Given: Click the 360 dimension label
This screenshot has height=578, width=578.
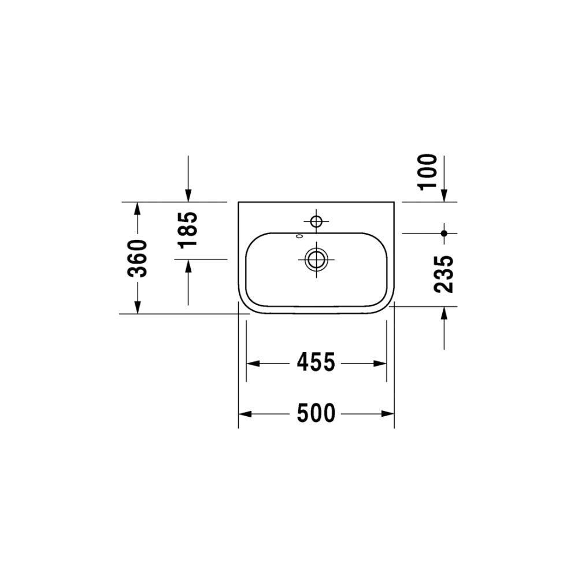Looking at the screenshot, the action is tap(137, 258).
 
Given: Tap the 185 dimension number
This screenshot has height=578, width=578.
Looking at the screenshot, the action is tap(188, 230).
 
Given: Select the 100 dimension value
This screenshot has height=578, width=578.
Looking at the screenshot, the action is tap(428, 172).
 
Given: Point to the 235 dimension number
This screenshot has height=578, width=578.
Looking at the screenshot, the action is tap(443, 274).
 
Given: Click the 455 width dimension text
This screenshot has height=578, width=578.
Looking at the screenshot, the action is tap(316, 362).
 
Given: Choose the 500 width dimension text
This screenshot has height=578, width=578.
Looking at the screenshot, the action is tap(316, 413).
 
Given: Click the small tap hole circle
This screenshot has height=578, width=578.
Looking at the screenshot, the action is tap(316, 221).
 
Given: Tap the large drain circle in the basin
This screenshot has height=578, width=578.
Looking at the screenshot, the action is tap(316, 259).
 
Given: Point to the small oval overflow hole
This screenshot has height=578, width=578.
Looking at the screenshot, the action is tap(299, 236).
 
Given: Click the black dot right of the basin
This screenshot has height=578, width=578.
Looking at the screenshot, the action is tap(444, 234).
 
